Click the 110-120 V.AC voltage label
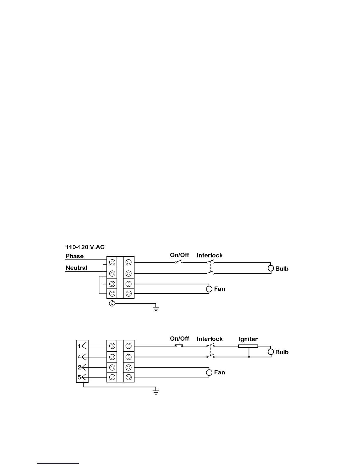click(85, 247)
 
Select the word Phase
click(74, 256)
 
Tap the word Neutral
click(76, 268)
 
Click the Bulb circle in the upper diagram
click(271, 268)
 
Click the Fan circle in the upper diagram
click(209, 289)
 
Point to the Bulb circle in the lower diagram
click(271, 352)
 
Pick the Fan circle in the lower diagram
click(209, 372)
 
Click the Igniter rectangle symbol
click(248, 346)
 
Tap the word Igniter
click(248, 339)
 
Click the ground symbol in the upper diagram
click(156, 308)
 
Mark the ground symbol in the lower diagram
click(156, 392)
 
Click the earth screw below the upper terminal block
click(112, 303)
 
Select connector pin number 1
click(79, 346)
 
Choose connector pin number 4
click(79, 357)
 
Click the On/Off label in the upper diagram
click(179, 255)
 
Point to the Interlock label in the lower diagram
click(210, 339)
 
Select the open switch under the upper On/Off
click(179, 262)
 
